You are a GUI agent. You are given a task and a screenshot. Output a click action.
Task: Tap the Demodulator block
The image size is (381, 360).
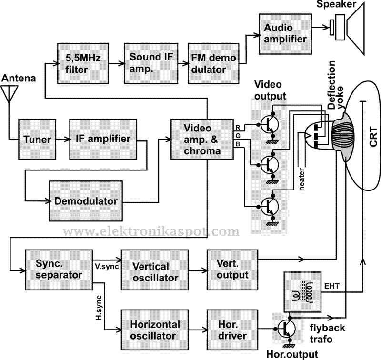(x=86, y=200)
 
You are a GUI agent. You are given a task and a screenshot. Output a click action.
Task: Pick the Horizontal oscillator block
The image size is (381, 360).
(x=155, y=330)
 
